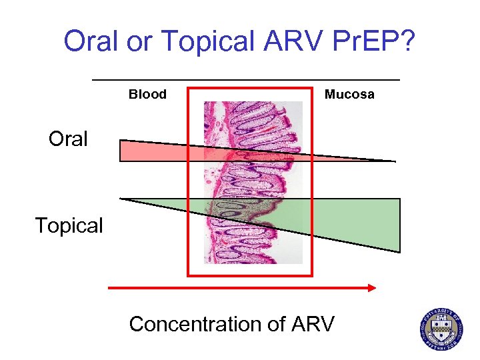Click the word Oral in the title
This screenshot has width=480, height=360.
pyautogui.click(x=88, y=42)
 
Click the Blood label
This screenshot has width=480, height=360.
pyautogui.click(x=147, y=95)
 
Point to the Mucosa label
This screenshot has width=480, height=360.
pyautogui.click(x=349, y=95)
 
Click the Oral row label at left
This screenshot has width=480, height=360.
pyautogui.click(x=68, y=139)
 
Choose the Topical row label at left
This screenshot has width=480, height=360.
pyautogui.click(x=69, y=226)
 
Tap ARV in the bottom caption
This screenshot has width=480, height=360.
pyautogui.click(x=313, y=325)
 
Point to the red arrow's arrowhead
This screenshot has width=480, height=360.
pyautogui.click(x=371, y=287)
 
